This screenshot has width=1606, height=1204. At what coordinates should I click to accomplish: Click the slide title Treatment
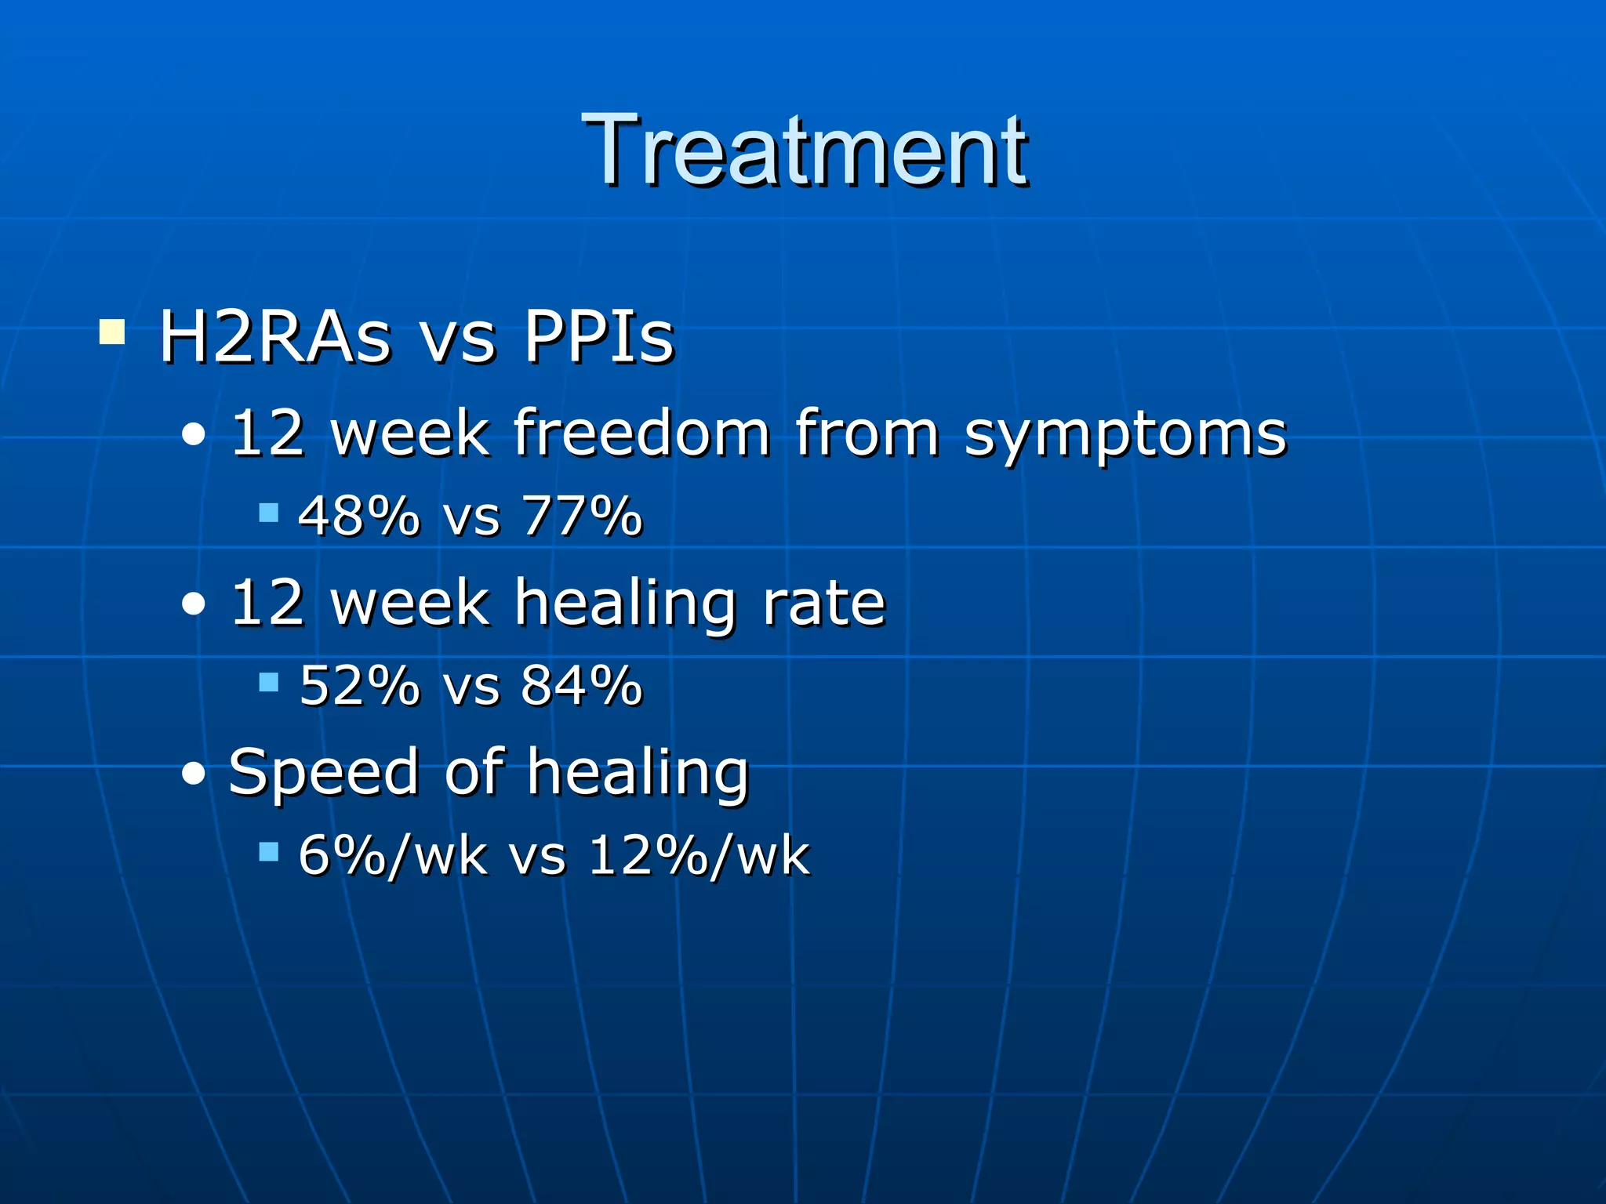(804, 150)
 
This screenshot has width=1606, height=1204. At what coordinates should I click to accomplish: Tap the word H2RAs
(274, 337)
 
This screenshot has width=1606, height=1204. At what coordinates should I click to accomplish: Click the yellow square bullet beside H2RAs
(112, 332)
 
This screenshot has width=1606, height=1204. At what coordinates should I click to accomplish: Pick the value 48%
(359, 516)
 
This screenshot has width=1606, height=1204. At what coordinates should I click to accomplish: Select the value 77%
(583, 516)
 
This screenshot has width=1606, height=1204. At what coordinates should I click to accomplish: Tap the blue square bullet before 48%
(269, 513)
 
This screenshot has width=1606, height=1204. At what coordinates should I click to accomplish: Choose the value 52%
(359, 685)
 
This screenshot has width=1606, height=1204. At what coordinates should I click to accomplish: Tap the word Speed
(323, 773)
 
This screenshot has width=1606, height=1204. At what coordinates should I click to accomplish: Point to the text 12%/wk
(698, 854)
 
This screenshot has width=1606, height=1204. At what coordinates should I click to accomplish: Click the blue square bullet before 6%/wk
(269, 852)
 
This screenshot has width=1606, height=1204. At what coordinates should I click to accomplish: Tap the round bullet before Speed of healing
(193, 774)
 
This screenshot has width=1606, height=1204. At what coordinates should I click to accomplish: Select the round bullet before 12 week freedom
(193, 435)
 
